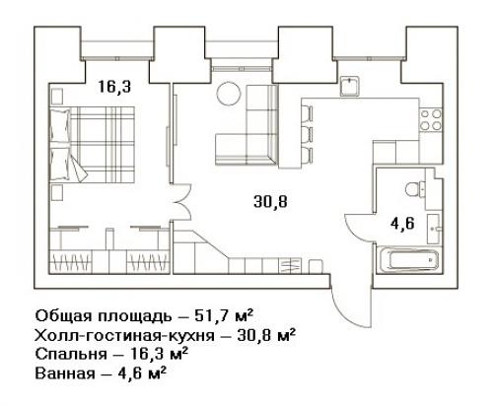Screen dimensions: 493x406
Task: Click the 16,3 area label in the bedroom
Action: pos(114,87)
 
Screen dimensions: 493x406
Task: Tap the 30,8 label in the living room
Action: pos(270,201)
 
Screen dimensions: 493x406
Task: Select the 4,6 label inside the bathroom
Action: pos(402,224)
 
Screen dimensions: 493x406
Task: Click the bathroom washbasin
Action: pos(433,229)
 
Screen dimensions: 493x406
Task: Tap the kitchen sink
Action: pos(350,86)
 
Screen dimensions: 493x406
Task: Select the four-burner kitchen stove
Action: pos(431,119)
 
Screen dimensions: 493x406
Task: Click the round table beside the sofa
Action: pos(229,94)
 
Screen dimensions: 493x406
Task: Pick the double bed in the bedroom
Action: pos(93,145)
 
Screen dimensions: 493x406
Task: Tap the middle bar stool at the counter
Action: pos(307,134)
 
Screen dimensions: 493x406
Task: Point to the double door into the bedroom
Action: pos(180,202)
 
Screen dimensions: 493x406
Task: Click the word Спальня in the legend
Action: pos(71,355)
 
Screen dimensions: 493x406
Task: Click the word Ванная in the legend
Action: pos(65,373)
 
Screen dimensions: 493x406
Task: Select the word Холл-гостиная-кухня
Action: pos(124,336)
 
